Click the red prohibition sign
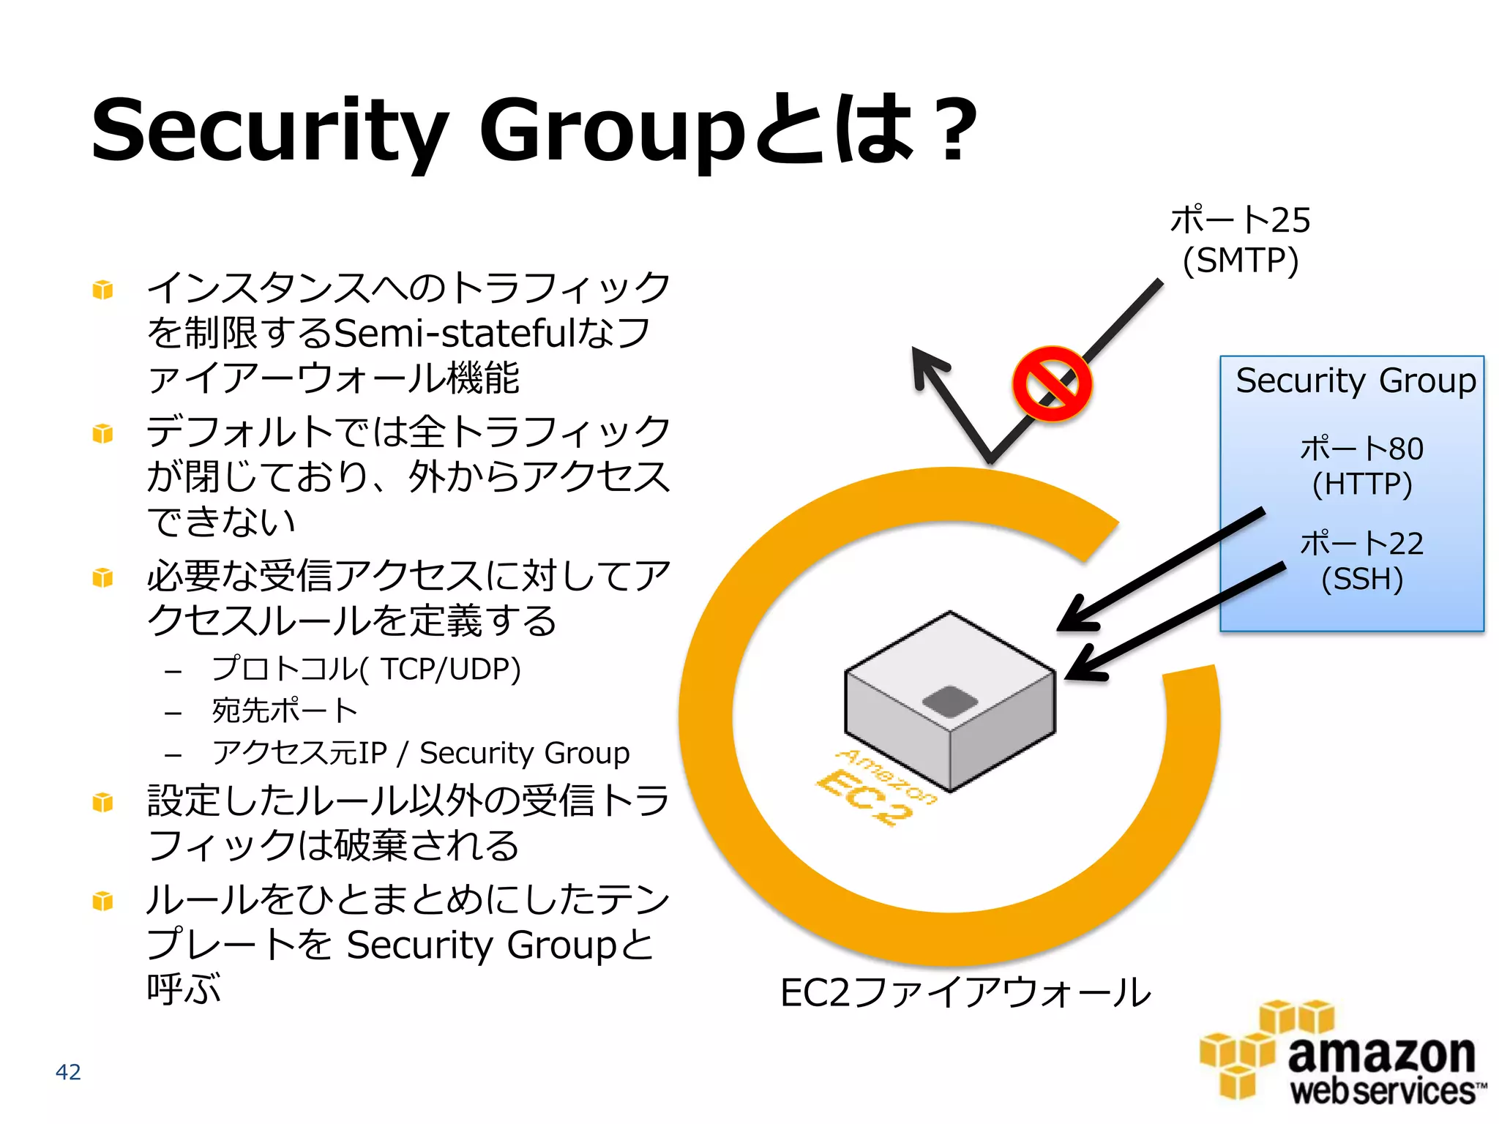tap(1052, 384)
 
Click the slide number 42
tap(68, 1071)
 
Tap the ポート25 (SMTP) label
tap(1240, 240)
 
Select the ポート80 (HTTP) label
tap(1361, 466)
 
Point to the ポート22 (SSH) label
tap(1361, 561)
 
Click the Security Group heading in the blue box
tap(1355, 381)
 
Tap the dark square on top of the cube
tap(949, 701)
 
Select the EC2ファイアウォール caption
tap(965, 993)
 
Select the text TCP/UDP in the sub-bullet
tap(449, 669)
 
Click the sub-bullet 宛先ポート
tap(284, 711)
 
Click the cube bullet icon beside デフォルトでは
tap(103, 434)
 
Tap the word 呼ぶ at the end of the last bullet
tap(184, 989)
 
